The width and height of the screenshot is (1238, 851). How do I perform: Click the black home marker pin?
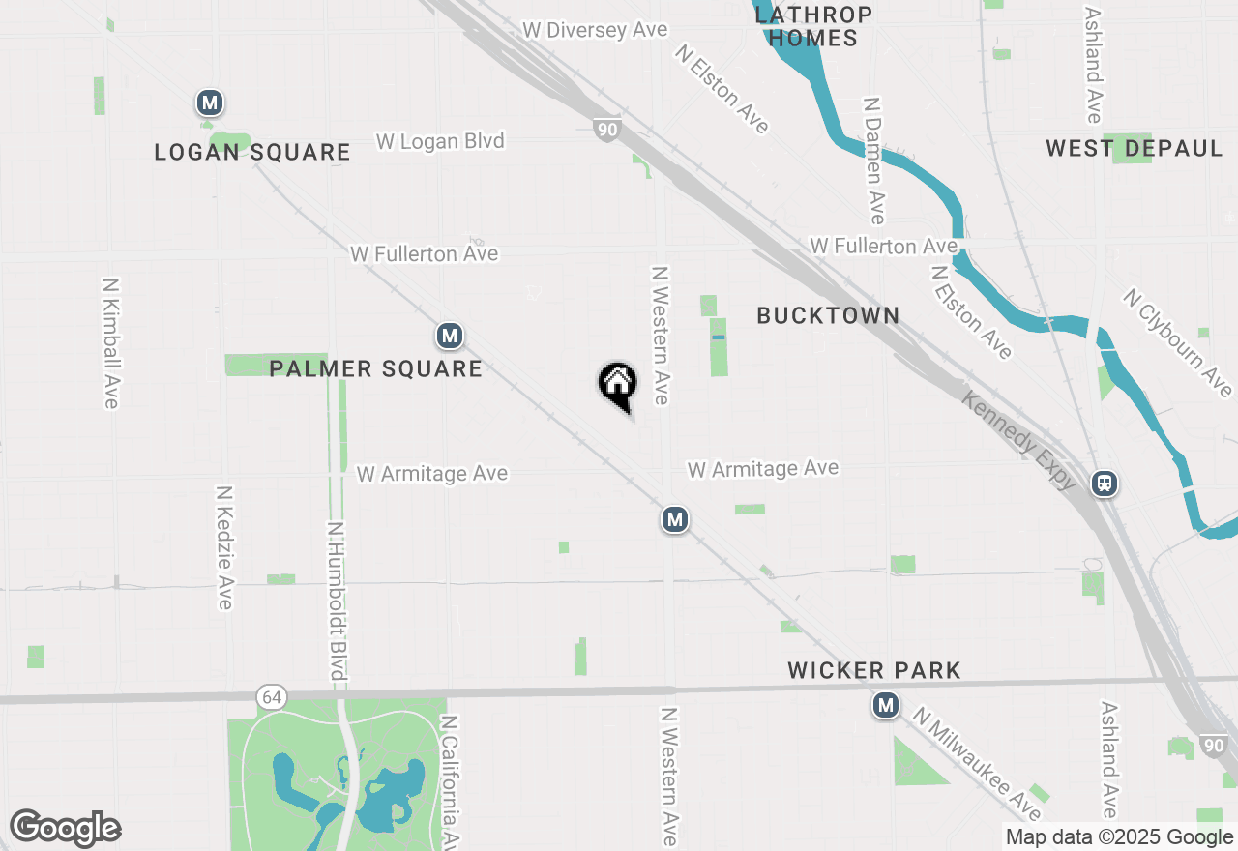tap(617, 385)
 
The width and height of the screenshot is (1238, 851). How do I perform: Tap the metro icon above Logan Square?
tap(210, 103)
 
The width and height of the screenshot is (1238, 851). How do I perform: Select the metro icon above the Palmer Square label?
tap(449, 337)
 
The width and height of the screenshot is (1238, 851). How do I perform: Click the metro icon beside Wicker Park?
tap(885, 706)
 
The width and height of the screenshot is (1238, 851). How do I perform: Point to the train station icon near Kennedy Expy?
tap(1105, 483)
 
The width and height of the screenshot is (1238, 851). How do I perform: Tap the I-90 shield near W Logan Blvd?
tap(606, 130)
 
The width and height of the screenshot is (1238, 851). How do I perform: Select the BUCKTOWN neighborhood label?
tap(828, 315)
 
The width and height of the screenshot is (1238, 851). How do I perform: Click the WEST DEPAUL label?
tap(1135, 149)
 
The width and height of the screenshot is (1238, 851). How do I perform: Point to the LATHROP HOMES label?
tap(812, 27)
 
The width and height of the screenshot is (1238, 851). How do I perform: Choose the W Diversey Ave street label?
tap(595, 30)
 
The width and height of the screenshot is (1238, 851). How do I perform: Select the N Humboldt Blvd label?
tap(337, 600)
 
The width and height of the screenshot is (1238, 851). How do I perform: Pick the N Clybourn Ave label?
tap(1178, 342)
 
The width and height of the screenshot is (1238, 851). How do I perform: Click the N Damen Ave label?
tap(874, 160)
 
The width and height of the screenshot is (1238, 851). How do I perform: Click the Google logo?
tap(65, 828)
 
